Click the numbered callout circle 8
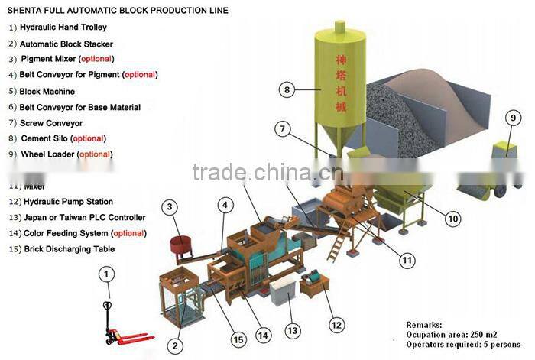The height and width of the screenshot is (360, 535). point(287,90)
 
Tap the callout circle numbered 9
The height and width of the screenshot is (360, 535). point(513,118)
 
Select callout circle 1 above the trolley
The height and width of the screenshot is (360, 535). point(108,273)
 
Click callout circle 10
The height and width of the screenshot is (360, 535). point(453,219)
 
